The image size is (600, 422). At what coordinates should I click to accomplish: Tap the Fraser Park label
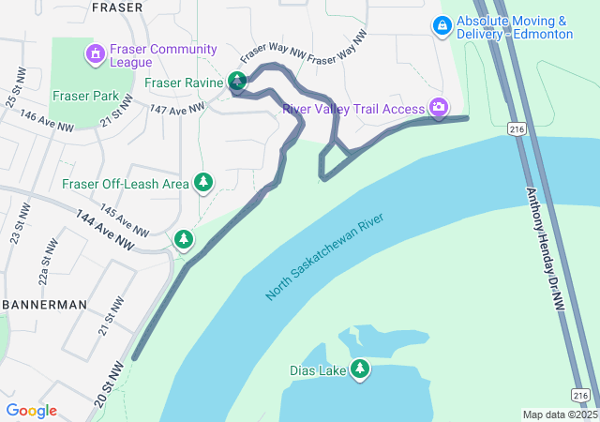point(85,96)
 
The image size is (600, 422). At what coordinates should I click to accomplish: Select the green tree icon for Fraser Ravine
point(238,83)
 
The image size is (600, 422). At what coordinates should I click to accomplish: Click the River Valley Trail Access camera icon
point(438,110)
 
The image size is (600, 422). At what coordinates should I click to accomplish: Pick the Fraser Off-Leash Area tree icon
point(202,183)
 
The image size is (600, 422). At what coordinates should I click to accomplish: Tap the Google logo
point(31,411)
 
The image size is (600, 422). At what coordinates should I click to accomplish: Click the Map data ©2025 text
point(560,414)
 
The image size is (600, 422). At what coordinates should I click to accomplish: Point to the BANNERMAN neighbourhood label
point(44,305)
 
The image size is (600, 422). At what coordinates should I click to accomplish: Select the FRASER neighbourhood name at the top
point(117,8)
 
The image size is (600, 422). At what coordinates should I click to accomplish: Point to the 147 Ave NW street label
point(175,110)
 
